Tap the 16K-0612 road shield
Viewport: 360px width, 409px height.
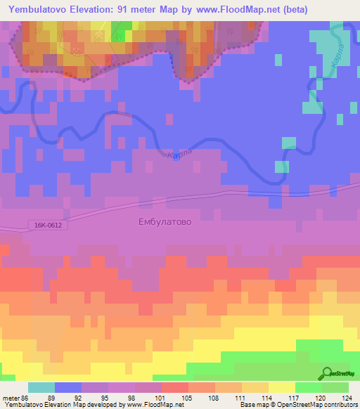[x=45, y=225]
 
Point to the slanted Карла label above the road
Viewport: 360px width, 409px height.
[x=180, y=153]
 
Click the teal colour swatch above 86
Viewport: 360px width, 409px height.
[x=41, y=387]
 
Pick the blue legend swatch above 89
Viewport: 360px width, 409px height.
[x=67, y=387]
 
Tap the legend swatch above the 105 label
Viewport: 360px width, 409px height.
[x=174, y=387]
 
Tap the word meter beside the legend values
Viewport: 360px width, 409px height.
[x=13, y=397]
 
